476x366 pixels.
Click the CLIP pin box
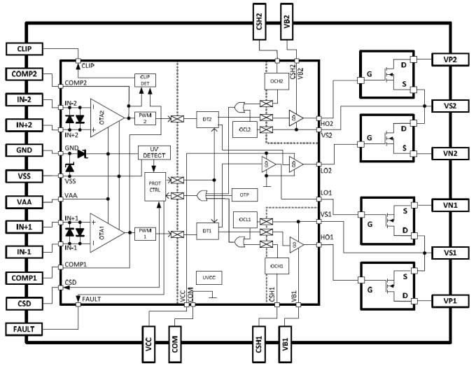(25, 49)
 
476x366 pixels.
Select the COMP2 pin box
(25, 73)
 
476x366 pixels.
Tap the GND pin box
(25, 150)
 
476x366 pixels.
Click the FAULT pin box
(25, 328)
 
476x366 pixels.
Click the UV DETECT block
(155, 153)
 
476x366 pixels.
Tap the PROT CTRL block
(155, 188)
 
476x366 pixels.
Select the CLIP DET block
(146, 80)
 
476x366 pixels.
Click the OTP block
(244, 194)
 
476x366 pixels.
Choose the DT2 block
(207, 119)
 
